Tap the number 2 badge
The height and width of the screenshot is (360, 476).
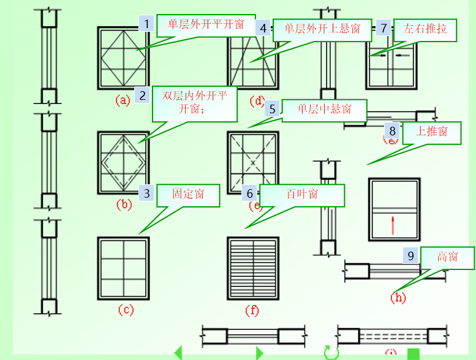pos(142,95)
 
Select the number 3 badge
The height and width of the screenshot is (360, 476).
pos(146,193)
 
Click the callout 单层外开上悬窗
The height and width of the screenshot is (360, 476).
pos(322,29)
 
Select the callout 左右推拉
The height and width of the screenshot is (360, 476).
pos(425,29)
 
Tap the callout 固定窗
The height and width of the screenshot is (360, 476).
pos(187,195)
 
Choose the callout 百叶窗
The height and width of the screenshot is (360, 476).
pos(301,195)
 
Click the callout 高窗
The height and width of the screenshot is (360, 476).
pos(447,257)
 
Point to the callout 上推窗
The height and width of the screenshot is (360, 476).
pos(431,132)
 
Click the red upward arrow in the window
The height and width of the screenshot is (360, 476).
pos(392,225)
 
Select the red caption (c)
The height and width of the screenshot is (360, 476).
pos(125,310)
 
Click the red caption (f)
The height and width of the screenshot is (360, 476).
pos(252,310)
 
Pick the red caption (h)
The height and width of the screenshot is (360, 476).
pos(398,298)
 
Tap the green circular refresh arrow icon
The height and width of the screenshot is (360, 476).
pos(331,353)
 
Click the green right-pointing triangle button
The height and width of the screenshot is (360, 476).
pos(260,353)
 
